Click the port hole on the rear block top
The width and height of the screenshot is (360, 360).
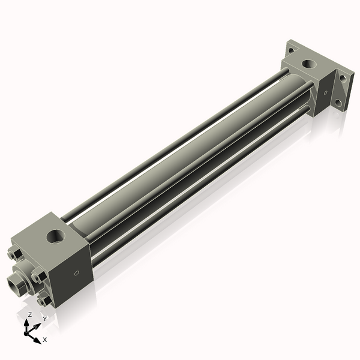(x=309, y=62)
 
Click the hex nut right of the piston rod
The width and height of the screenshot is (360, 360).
(x=38, y=276)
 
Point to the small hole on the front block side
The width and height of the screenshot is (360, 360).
(x=76, y=273)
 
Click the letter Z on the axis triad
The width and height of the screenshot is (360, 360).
(x=29, y=314)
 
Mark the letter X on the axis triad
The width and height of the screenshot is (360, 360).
(x=45, y=340)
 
